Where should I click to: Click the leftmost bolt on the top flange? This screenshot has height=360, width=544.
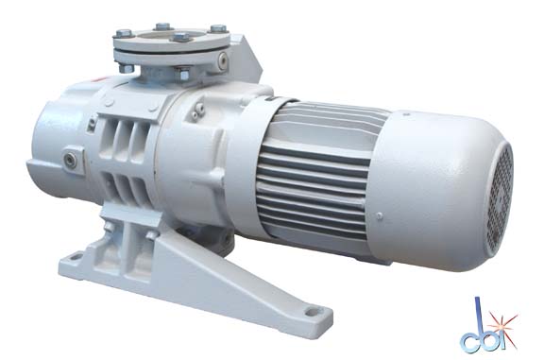tap(125, 33)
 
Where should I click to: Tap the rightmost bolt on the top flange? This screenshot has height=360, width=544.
tap(218, 28)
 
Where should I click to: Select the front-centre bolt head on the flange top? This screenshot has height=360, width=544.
tap(181, 36)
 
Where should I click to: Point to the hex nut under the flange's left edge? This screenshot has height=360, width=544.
tap(126, 68)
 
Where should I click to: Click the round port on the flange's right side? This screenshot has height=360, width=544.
tap(222, 60)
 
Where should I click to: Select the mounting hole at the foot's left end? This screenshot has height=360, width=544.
tap(75, 258)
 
